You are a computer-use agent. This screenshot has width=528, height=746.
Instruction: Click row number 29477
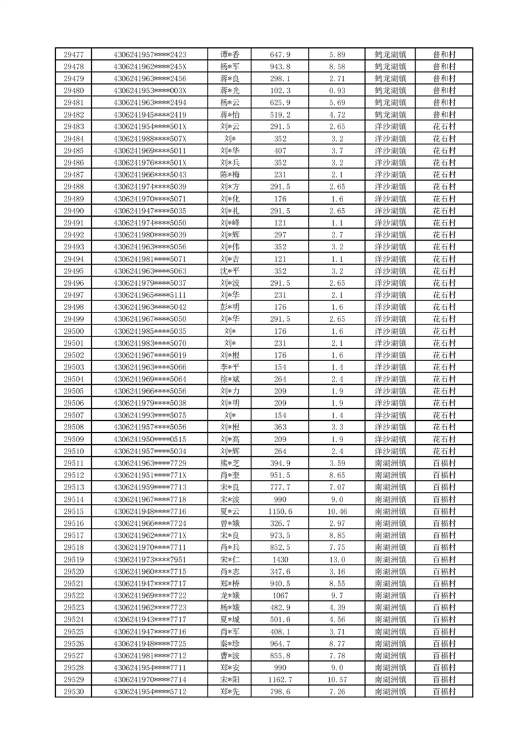click(73, 55)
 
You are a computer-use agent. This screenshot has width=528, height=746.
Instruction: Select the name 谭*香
click(229, 55)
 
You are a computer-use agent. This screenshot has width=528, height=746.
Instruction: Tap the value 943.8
click(280, 66)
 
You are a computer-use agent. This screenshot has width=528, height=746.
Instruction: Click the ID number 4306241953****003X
click(150, 90)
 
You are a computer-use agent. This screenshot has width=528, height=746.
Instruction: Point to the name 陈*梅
click(229, 175)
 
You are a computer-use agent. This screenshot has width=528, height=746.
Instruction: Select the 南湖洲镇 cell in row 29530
click(391, 692)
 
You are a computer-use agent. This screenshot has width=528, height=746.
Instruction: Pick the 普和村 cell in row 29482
click(444, 114)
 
